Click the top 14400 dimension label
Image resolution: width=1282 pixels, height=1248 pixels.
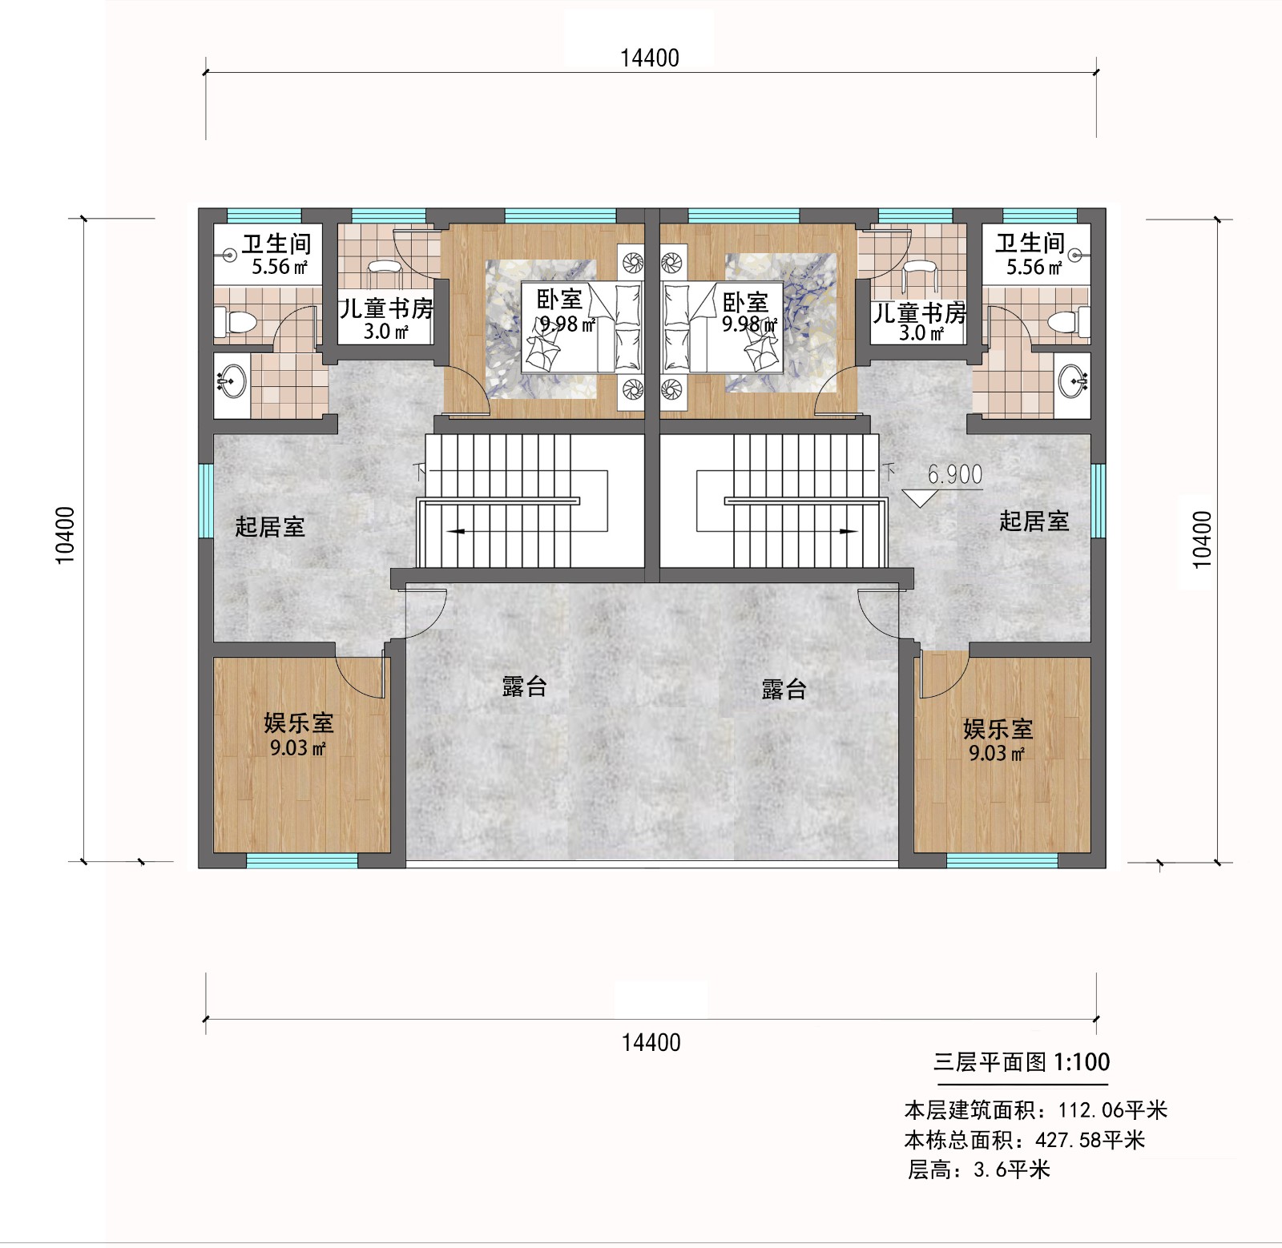pos(650,58)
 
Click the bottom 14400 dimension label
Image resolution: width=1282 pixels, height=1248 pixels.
pos(651,1043)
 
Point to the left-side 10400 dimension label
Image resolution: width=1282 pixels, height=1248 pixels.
pos(65,535)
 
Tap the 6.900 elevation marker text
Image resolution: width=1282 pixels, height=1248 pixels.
pos(955,474)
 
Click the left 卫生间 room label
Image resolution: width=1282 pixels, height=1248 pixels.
pos(276,244)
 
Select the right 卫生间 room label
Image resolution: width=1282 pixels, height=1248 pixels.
pos(1030,243)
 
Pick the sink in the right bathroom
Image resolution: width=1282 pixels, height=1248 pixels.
pos(1073,381)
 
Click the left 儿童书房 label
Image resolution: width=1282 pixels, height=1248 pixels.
pos(385,308)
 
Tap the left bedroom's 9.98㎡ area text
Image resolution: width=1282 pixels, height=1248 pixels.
pos(567,324)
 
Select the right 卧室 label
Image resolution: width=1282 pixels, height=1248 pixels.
pos(745,302)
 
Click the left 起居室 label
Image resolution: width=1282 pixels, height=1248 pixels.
pos(270,527)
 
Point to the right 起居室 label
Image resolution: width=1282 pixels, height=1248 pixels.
pos(1034,521)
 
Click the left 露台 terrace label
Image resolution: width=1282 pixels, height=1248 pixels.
pos(525,686)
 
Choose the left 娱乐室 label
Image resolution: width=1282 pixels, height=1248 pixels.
pos(299,723)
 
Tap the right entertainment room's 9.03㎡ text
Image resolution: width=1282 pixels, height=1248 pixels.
pos(997,754)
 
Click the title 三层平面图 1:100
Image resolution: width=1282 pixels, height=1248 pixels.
pos(1022,1062)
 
